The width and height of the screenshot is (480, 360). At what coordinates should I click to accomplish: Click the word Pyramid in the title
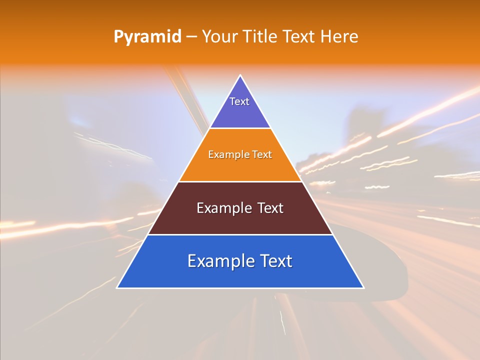tap(147, 37)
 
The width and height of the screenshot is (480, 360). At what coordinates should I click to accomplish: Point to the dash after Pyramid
tap(191, 37)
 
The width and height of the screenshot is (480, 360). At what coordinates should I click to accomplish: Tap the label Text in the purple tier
tap(239, 101)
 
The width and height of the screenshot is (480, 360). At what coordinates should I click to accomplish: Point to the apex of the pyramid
tap(240, 76)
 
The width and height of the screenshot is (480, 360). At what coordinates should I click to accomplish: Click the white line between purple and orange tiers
tap(240, 128)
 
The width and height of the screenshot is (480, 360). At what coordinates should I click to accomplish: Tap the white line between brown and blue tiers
tap(240, 234)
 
